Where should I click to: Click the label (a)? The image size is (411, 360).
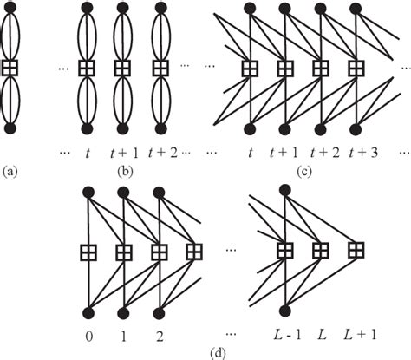tap(10, 172)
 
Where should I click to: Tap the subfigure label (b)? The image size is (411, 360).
tap(124, 172)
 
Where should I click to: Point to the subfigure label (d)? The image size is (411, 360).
tap(204, 352)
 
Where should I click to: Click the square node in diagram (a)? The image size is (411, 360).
tap(10, 69)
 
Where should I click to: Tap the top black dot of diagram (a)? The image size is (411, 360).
tap(10, 10)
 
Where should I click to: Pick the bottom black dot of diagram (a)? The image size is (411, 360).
tap(10, 128)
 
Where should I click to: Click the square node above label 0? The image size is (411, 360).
tap(88, 252)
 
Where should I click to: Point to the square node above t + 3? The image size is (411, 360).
tap(356, 69)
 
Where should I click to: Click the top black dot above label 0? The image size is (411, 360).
tap(88, 193)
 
